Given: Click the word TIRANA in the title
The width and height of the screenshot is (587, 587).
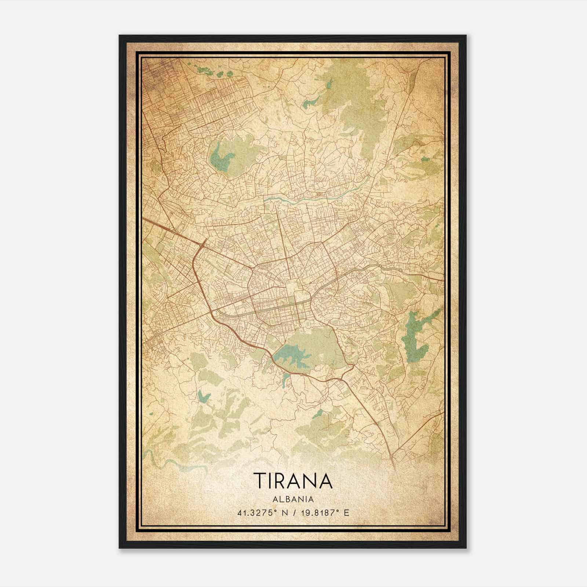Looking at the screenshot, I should (x=293, y=481).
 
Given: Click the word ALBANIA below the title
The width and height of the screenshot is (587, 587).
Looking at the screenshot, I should (x=293, y=499).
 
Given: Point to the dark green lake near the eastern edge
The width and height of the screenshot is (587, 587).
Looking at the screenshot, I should (x=415, y=338).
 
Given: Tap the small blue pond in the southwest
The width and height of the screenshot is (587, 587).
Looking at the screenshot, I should (x=202, y=395).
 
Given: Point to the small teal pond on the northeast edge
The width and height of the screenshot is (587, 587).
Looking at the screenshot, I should (x=426, y=159).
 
